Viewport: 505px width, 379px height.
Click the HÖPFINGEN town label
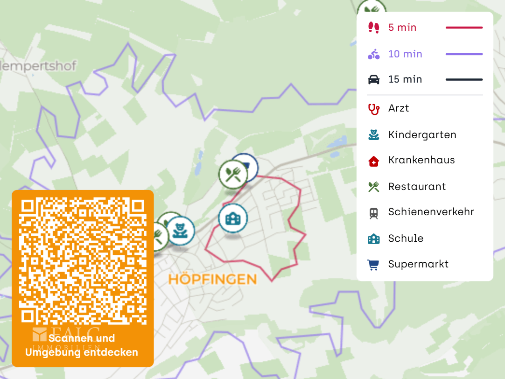click(x=212, y=280)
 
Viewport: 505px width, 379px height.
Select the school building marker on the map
click(x=232, y=218)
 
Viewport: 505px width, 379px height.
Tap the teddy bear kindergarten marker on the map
click(x=180, y=231)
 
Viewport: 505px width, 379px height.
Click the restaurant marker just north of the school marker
click(x=233, y=175)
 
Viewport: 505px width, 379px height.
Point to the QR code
click(x=83, y=261)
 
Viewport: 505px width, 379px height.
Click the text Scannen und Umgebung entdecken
click(x=82, y=345)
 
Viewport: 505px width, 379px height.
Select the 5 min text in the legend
click(x=402, y=28)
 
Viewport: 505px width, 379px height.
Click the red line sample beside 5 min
click(x=464, y=28)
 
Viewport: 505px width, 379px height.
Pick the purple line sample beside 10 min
click(x=464, y=54)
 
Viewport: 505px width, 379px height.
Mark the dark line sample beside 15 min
click(x=464, y=80)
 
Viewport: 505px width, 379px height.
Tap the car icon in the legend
click(x=373, y=80)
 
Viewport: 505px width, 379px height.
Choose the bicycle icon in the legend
click(x=373, y=54)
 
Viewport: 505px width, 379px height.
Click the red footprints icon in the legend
click(x=373, y=28)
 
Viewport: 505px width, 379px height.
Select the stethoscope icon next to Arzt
click(x=373, y=109)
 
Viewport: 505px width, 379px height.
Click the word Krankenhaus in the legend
click(x=421, y=160)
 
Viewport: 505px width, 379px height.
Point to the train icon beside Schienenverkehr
click(x=373, y=213)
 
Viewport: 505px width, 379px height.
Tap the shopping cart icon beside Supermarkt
click(x=373, y=265)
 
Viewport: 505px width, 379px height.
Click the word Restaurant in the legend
click(x=417, y=187)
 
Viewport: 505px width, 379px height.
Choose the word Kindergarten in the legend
click(x=422, y=135)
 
